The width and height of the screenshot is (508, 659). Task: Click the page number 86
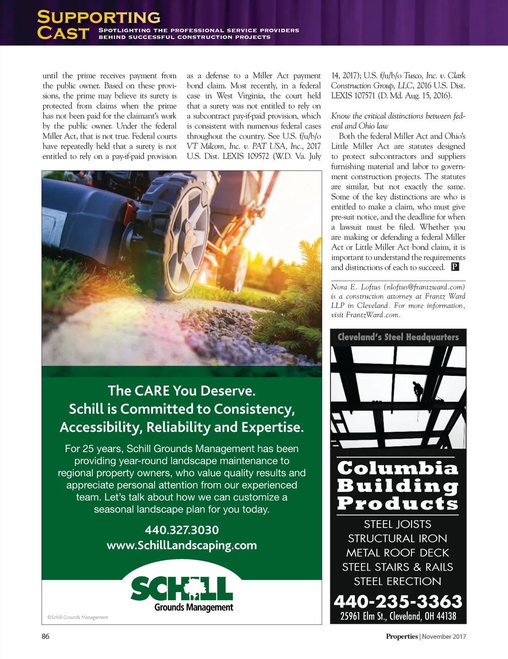pos(45,636)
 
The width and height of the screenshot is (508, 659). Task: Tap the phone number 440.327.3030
pos(182,530)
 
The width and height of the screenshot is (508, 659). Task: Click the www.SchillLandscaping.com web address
pos(182,545)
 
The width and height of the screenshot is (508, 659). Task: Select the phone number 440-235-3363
pos(398,601)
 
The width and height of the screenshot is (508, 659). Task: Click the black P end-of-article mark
pos(455,267)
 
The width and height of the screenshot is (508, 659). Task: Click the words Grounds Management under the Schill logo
pos(194,607)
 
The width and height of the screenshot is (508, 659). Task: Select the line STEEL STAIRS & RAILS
pos(398,567)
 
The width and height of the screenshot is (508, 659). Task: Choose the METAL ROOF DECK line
pos(398,553)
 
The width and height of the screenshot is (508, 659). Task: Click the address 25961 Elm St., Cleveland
pos(398,616)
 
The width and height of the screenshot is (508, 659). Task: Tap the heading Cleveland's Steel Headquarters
pos(398,337)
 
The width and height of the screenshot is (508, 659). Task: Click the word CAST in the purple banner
pos(63,33)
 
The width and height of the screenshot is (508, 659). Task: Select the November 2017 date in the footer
pos(444,636)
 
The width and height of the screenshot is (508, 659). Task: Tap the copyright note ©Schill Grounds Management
pos(77,617)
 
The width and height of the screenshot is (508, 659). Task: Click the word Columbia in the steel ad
pos(398,468)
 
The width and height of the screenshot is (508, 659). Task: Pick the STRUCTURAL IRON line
pos(398,538)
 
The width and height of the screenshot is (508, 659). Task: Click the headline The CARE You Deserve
pos(182,390)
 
